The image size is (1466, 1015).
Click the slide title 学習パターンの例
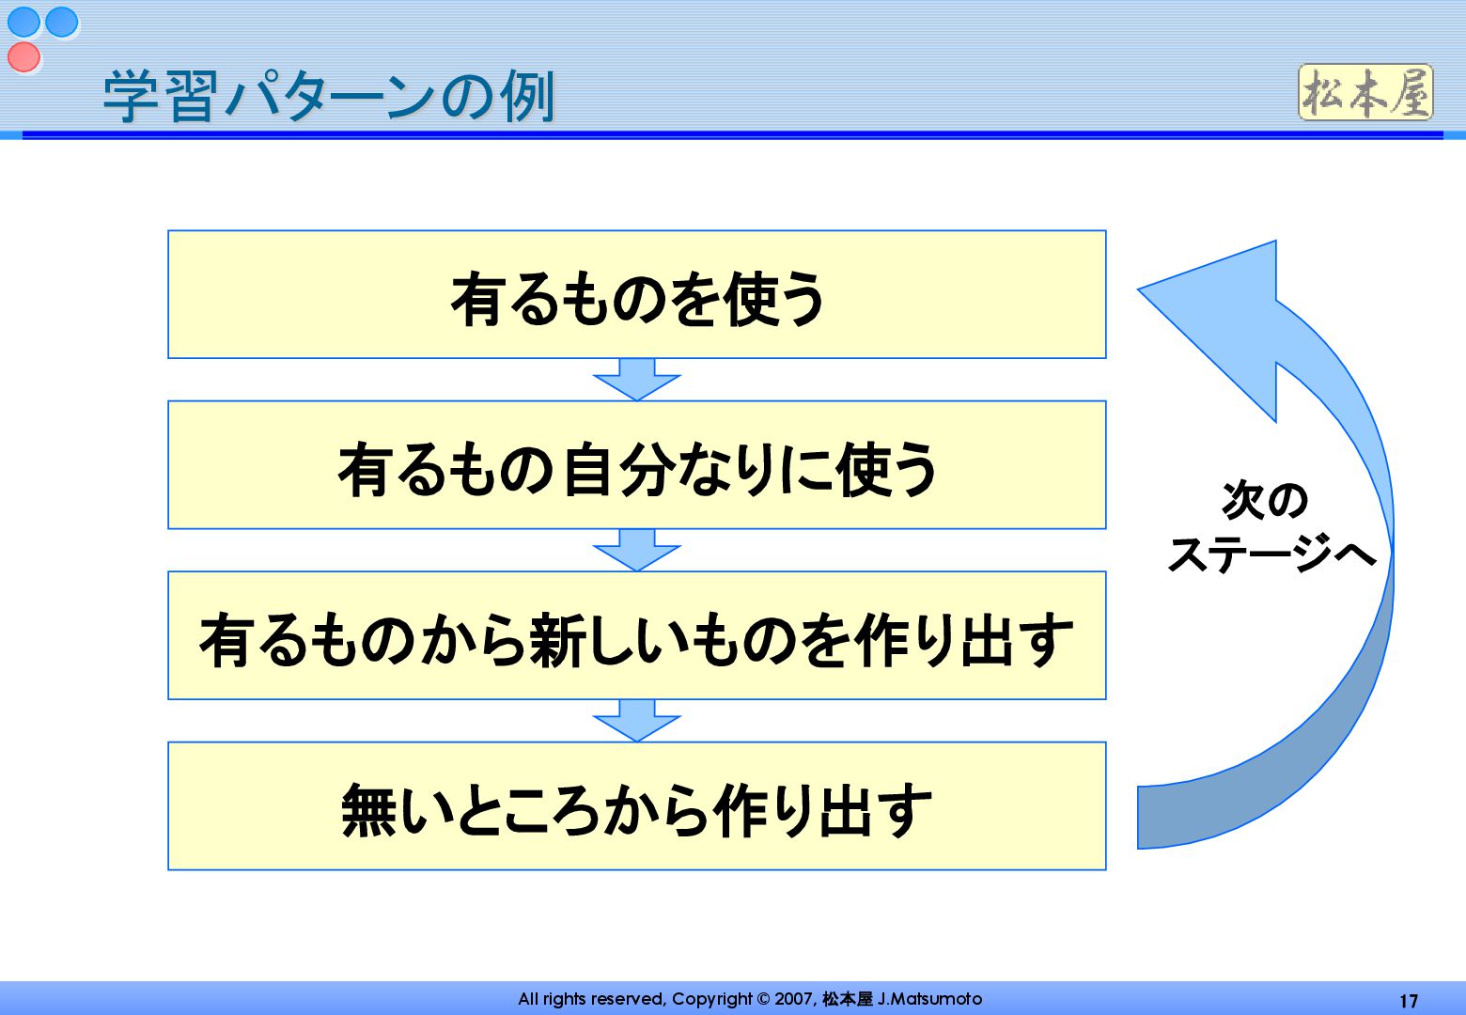tap(329, 96)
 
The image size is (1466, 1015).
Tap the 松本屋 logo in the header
tap(1365, 93)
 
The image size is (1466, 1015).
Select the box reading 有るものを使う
tap(636, 295)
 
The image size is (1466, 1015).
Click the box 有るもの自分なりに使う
tap(636, 466)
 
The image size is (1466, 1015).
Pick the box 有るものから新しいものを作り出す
tap(636, 636)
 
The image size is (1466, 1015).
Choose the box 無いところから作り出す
tap(636, 806)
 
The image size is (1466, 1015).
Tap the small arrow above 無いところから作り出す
tap(636, 721)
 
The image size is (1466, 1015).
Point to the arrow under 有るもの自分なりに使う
tap(636, 550)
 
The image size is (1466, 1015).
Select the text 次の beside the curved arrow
tap(1264, 500)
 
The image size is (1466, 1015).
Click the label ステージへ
tap(1271, 554)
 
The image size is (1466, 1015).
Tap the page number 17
tap(1408, 1001)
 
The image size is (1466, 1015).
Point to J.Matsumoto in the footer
tap(929, 999)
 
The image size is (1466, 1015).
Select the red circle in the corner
tap(24, 56)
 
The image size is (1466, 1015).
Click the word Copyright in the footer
tap(712, 999)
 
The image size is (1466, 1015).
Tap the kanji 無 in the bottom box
tap(369, 809)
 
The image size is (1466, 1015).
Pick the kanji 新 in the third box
tap(558, 639)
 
